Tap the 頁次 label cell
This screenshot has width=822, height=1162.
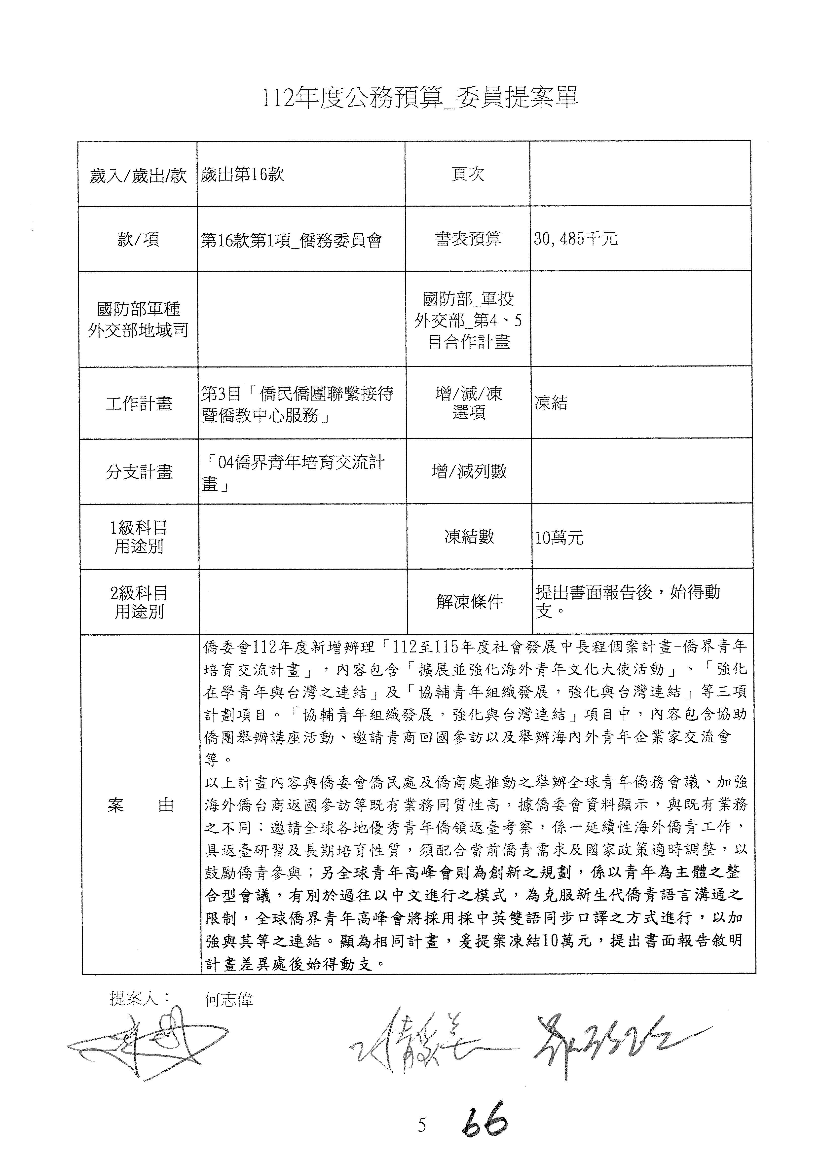coord(468,174)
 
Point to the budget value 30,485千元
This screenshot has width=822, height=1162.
coord(575,238)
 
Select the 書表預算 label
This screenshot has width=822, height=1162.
coord(468,238)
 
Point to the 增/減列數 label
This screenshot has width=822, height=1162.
coord(469,472)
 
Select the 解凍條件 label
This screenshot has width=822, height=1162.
coord(469,602)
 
